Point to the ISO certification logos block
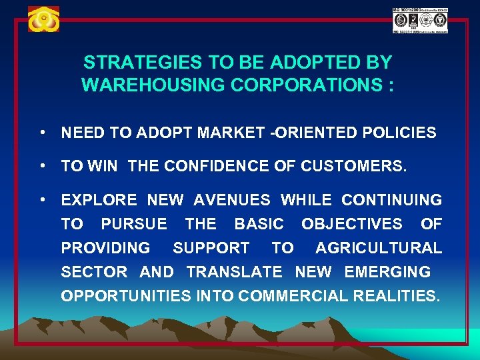click(420, 21)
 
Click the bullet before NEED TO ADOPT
click(43, 132)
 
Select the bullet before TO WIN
click(43, 166)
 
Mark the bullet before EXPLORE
click(43, 199)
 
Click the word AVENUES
click(232, 200)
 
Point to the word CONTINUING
click(391, 200)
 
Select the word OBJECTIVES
click(351, 224)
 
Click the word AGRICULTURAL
click(378, 248)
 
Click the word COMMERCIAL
click(292, 296)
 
